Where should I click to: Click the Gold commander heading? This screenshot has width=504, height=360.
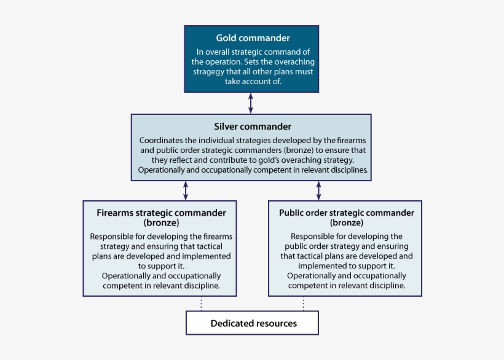[x=253, y=38]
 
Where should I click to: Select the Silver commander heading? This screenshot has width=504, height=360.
[x=253, y=127]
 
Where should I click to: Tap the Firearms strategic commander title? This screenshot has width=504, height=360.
[x=161, y=213]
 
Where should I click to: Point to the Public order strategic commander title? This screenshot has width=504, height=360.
[x=347, y=213]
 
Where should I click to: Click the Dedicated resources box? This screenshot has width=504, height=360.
[x=253, y=323]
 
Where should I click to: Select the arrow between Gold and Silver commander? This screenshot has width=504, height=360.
[x=251, y=103]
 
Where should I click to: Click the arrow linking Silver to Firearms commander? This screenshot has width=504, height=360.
[x=186, y=190]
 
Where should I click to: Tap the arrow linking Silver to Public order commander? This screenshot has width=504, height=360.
[x=318, y=190]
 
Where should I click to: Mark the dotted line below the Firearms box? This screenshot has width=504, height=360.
[x=201, y=303]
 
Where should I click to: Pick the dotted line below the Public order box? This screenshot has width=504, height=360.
[x=303, y=303]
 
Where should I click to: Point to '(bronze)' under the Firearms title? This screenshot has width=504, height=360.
[x=161, y=222]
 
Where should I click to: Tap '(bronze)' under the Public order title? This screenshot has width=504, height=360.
[x=347, y=222]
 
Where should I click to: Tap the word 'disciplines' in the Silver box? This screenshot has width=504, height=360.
[x=347, y=170]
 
